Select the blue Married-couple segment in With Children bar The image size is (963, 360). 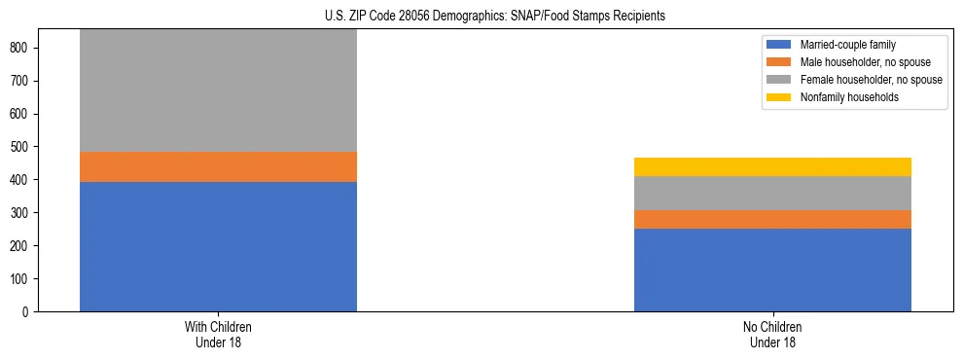pos(218,246)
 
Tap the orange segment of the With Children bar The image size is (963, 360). pos(218,166)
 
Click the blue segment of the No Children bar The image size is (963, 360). pos(772,270)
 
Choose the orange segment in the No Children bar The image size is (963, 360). pos(772,219)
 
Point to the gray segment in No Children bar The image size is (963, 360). pos(772,193)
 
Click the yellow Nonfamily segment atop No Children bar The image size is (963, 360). pos(772,166)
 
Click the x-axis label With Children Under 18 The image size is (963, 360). pos(218,334)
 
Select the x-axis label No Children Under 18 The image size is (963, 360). pos(772,334)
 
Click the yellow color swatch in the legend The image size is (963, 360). pos(779,97)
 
